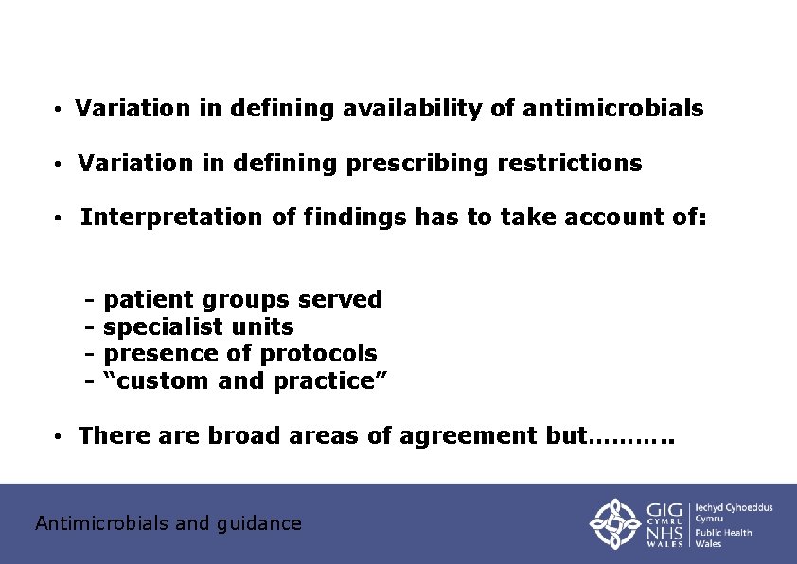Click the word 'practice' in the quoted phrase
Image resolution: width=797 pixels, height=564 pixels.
330,381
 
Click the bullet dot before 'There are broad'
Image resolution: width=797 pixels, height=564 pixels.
59,437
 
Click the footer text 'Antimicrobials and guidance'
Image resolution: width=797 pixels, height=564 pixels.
168,523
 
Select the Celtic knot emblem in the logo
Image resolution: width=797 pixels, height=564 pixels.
615,523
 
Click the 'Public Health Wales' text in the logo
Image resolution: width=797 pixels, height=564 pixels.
724,538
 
